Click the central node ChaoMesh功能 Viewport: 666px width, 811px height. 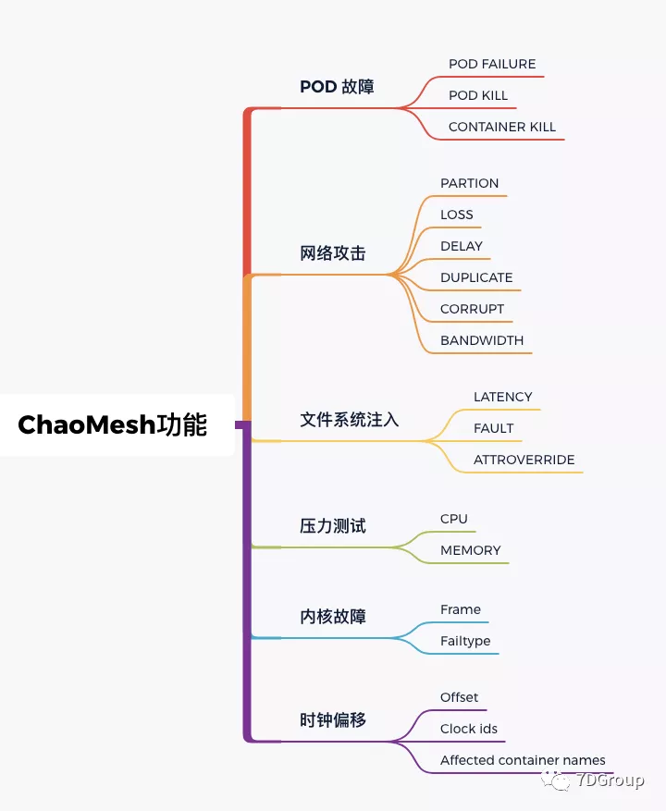pyautogui.click(x=113, y=425)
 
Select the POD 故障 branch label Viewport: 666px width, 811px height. pyautogui.click(x=337, y=87)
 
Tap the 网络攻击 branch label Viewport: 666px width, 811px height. pyautogui.click(x=333, y=253)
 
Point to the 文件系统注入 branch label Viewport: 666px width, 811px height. pyautogui.click(x=350, y=420)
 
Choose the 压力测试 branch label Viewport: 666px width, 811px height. pyautogui.click(x=333, y=526)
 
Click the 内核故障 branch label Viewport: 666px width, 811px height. pyautogui.click(x=333, y=617)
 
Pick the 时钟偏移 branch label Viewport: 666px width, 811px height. pyautogui.click(x=333, y=720)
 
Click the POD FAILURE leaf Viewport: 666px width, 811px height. pyautogui.click(x=492, y=64)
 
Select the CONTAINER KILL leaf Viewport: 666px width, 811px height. pyautogui.click(x=502, y=127)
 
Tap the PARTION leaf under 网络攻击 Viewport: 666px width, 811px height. pyautogui.click(x=469, y=183)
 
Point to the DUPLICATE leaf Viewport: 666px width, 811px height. pyautogui.click(x=476, y=277)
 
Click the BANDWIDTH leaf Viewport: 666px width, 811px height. pyautogui.click(x=482, y=340)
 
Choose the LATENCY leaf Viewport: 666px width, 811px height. pyautogui.click(x=503, y=397)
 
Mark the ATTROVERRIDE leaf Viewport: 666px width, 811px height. pyautogui.click(x=524, y=460)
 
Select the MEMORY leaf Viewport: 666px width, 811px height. pyautogui.click(x=471, y=550)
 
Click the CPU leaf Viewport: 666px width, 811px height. pyautogui.click(x=454, y=519)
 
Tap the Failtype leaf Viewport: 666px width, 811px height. pyautogui.click(x=465, y=641)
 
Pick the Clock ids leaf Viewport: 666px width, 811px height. pyautogui.click(x=469, y=729)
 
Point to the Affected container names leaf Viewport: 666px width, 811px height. pyautogui.click(x=523, y=760)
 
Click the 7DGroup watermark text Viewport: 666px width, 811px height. pyautogui.click(x=610, y=780)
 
